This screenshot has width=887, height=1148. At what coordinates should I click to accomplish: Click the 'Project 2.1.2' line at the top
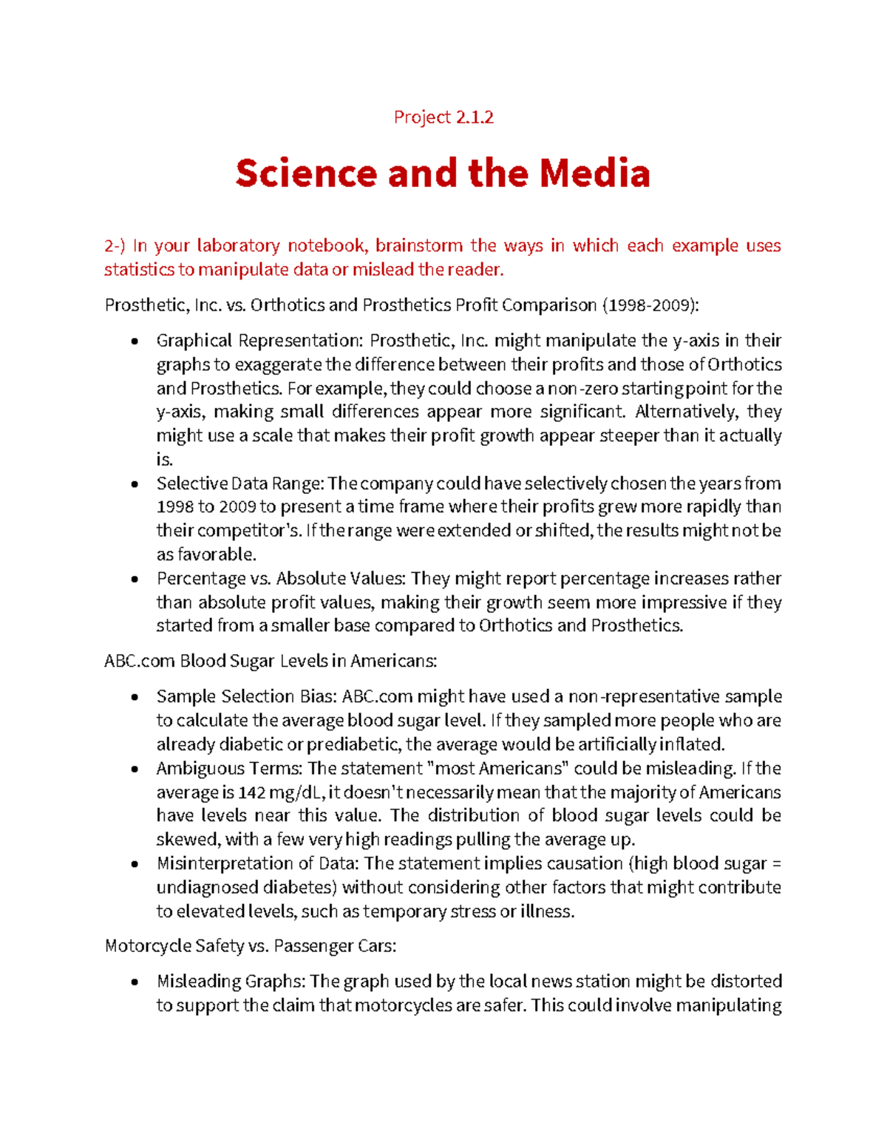point(443,117)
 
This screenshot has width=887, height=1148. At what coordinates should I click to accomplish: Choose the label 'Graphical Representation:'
point(259,341)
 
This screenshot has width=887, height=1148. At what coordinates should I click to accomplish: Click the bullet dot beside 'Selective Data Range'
point(134,484)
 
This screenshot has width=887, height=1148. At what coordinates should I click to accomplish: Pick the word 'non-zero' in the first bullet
point(582,389)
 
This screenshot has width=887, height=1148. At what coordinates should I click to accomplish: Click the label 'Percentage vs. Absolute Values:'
point(282,578)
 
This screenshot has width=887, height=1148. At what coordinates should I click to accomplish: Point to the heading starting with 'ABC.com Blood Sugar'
point(271,661)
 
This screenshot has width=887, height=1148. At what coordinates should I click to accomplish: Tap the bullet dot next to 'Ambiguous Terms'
point(134,769)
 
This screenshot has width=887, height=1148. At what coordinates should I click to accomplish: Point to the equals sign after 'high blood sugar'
point(776,863)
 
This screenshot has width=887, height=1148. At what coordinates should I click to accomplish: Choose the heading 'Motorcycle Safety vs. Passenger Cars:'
point(251,946)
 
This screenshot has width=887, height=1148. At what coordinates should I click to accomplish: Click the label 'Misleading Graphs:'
point(231,982)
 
